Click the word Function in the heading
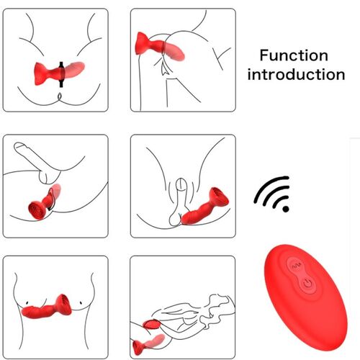coord(294,55)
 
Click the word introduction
coord(296,74)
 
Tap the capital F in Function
coord(264,55)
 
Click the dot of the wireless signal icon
coord(287,210)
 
